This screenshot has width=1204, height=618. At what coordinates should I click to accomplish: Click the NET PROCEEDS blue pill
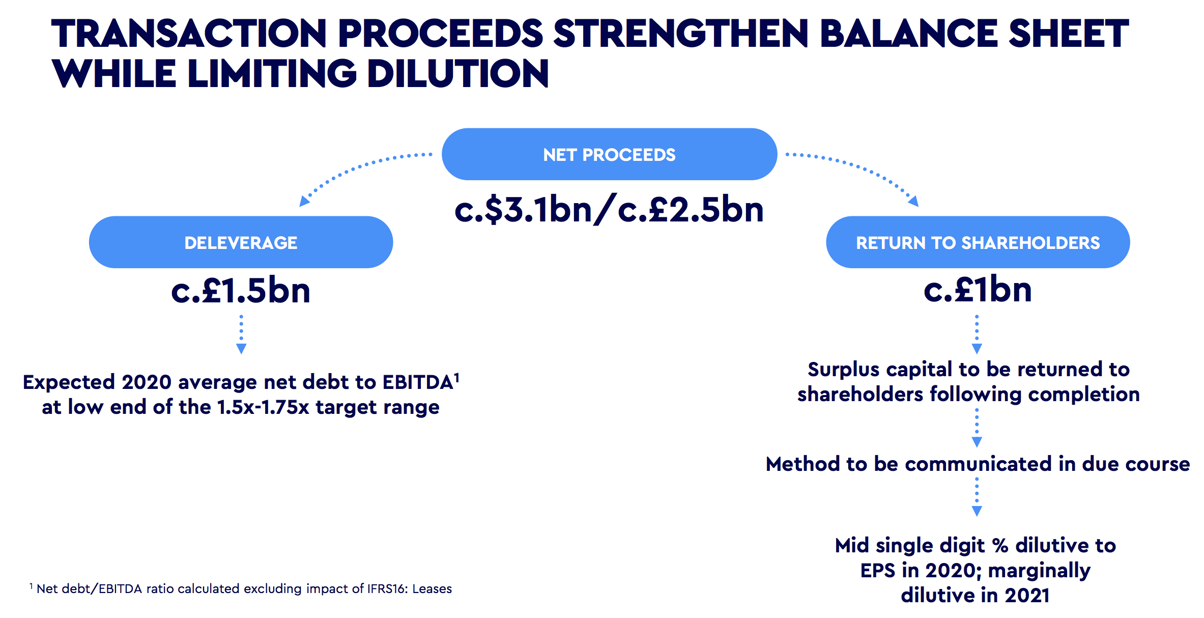tap(609, 154)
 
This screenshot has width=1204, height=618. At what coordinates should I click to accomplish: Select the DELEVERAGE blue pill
tap(241, 242)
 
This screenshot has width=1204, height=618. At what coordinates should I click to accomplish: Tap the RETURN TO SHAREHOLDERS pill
tap(978, 242)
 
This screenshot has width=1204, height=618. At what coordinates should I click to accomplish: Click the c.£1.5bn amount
tap(241, 290)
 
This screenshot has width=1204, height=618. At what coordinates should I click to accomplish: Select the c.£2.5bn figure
tap(691, 209)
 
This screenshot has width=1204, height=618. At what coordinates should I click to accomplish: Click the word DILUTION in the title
tap(458, 73)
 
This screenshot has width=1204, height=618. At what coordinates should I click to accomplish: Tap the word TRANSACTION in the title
tap(189, 34)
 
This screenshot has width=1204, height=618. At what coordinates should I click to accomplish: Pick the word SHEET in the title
tap(1068, 34)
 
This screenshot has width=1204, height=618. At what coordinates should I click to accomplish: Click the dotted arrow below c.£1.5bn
tap(241, 334)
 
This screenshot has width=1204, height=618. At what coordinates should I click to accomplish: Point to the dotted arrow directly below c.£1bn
tap(977, 334)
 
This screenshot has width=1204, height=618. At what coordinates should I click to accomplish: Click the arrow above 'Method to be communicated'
tap(977, 428)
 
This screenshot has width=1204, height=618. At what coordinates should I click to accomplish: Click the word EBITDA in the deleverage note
tap(418, 382)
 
